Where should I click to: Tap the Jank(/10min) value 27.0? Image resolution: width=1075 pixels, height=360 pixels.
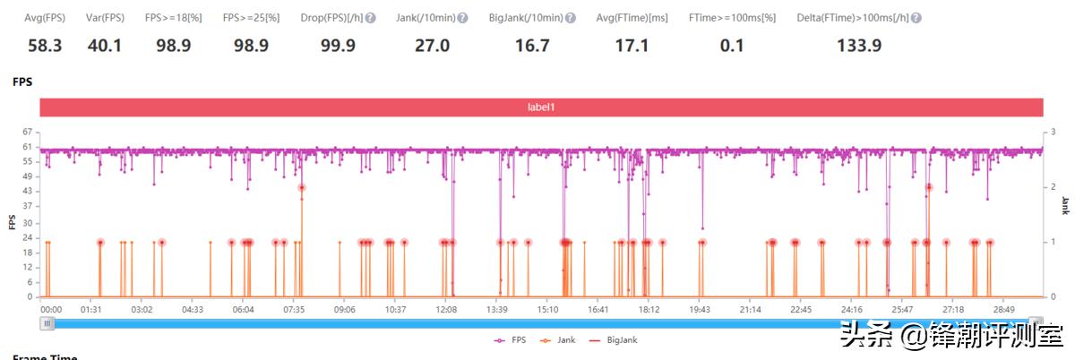(432, 46)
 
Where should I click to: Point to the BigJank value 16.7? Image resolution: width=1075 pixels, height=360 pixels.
(532, 46)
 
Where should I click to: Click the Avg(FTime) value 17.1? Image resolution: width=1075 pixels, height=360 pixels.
(632, 46)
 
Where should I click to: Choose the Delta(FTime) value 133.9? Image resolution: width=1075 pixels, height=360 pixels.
(858, 46)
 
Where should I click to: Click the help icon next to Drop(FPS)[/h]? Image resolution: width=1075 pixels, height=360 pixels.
(371, 18)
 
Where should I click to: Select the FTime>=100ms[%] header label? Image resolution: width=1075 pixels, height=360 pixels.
(732, 18)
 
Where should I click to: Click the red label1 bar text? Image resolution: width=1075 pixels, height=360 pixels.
(541, 107)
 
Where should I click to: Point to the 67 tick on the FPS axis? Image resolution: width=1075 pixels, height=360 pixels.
(27, 132)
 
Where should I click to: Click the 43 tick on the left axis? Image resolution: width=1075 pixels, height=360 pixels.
(27, 192)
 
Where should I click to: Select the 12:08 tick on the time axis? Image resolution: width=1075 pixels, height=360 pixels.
(446, 309)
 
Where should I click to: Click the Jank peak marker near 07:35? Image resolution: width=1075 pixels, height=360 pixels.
(302, 187)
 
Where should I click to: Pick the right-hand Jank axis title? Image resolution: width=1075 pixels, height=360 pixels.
(1065, 204)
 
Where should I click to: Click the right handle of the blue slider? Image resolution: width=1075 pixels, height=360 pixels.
(1036, 322)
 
